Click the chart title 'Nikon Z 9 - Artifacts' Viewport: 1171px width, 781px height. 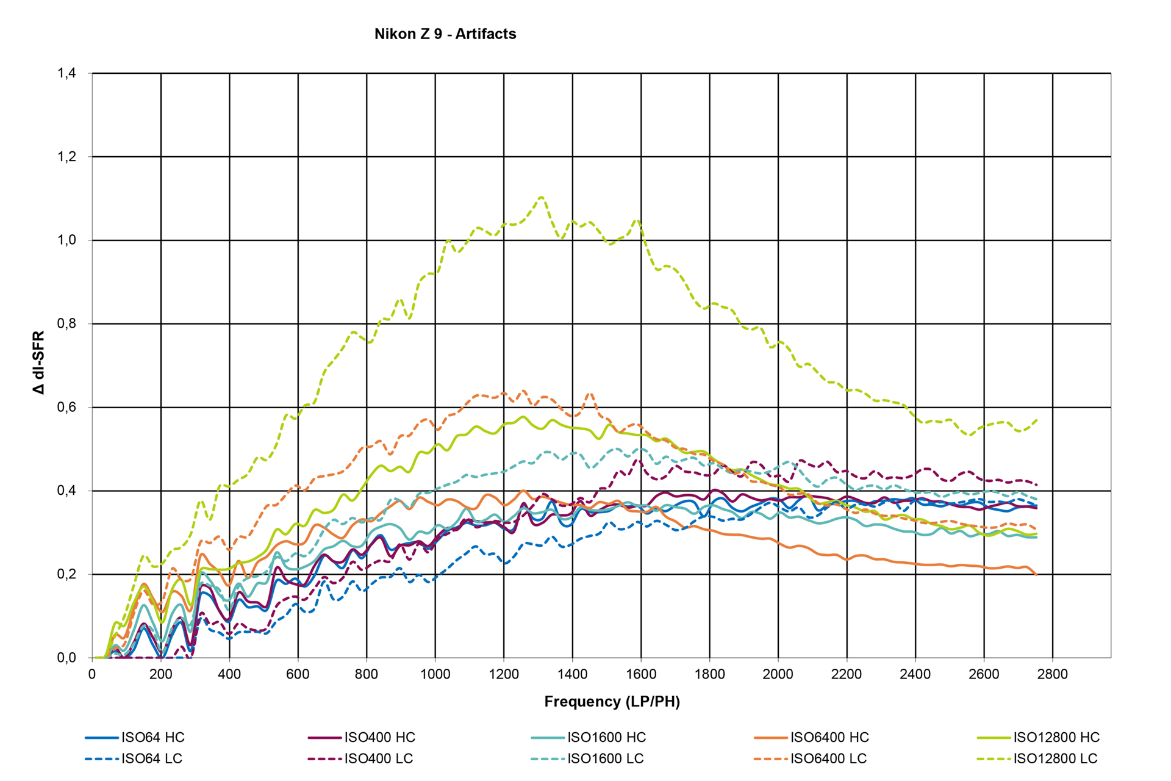(x=445, y=34)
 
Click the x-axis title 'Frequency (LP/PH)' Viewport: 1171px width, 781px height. (x=612, y=702)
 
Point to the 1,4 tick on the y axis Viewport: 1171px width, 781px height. (x=67, y=74)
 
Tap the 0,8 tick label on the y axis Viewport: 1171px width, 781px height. (x=67, y=324)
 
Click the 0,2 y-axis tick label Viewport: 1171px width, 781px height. (x=67, y=574)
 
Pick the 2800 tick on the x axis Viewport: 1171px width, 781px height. (x=1053, y=674)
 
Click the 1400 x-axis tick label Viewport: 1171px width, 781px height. (x=572, y=674)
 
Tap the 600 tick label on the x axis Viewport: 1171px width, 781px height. (x=298, y=674)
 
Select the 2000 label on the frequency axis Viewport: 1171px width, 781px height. (x=778, y=674)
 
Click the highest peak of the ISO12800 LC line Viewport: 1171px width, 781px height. (x=541, y=197)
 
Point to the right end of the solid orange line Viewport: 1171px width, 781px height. (x=1036, y=575)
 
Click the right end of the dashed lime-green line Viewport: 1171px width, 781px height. (x=1037, y=420)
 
